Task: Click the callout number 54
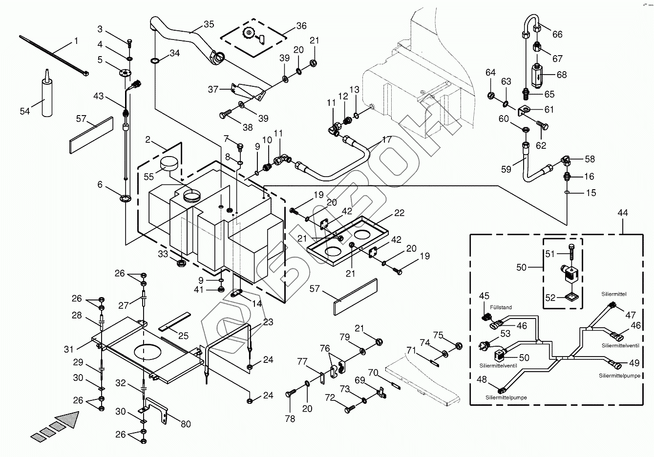(25, 111)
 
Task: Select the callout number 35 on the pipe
(209, 24)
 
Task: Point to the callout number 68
(562, 75)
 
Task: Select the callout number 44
(623, 213)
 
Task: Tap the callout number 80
(186, 424)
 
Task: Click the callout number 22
(400, 213)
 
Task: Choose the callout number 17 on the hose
(387, 139)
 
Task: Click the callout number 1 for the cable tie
(76, 41)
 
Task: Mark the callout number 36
(301, 25)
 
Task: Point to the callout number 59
(506, 169)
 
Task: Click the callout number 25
(184, 336)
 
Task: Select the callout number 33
(163, 254)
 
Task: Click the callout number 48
(482, 379)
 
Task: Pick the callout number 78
(290, 418)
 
